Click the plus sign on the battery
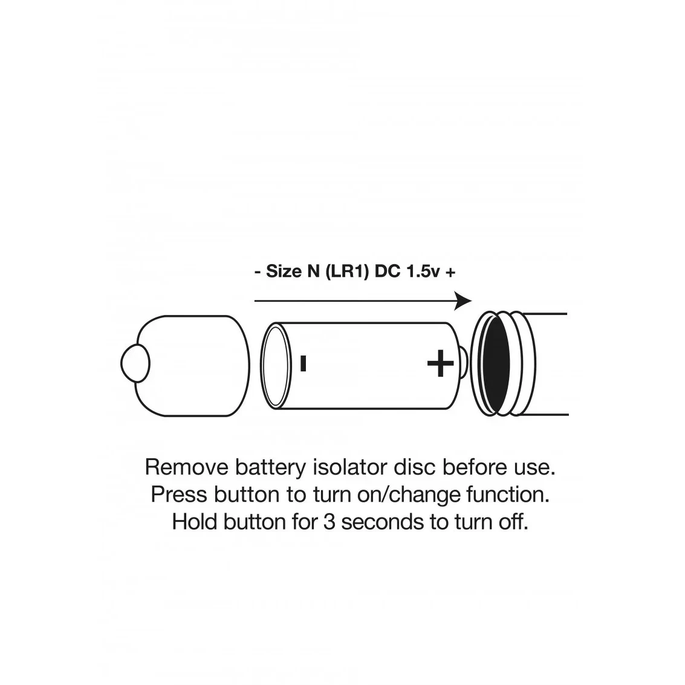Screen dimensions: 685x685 pos(440,363)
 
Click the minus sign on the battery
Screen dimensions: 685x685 pos(304,363)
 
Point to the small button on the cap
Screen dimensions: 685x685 pos(135,363)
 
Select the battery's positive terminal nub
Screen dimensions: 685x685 pos(463,363)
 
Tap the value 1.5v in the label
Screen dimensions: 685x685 pos(423,271)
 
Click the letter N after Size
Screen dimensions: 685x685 pos(314,271)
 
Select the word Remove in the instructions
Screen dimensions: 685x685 pos(187,467)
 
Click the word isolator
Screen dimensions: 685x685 pos(350,467)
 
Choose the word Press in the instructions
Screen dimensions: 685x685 pos(178,495)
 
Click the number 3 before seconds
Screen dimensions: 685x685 pos(329,522)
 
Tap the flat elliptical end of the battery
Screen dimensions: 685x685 pos(276,366)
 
